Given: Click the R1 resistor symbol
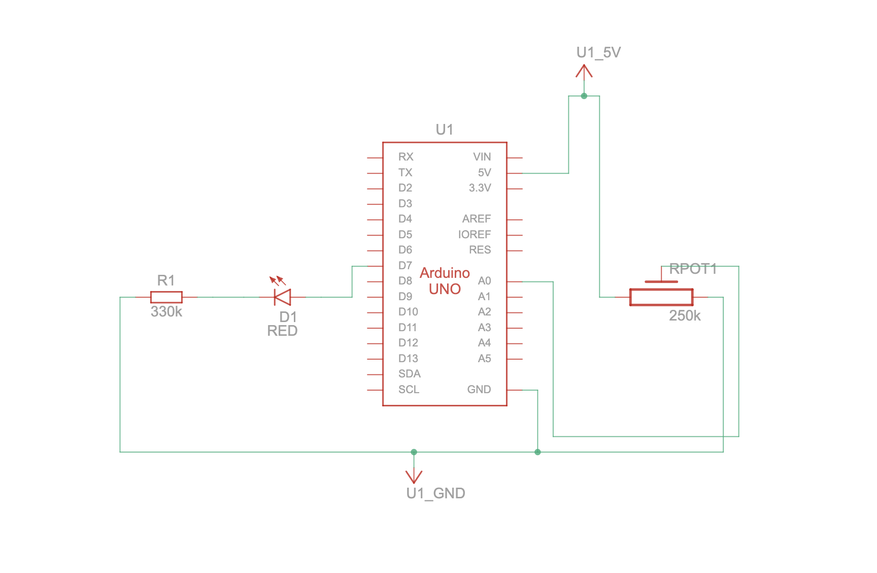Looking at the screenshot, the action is (166, 297).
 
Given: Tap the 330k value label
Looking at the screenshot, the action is (166, 311).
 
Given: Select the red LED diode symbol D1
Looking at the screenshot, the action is (282, 294).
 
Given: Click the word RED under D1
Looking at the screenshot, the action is (282, 331).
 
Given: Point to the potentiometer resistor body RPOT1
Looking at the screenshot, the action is (661, 297).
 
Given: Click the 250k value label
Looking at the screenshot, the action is (685, 316).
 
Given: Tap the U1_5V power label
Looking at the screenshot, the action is (598, 52).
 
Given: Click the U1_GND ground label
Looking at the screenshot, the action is (435, 493).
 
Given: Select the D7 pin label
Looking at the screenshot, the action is (405, 266).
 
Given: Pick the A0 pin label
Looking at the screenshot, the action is (484, 281).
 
